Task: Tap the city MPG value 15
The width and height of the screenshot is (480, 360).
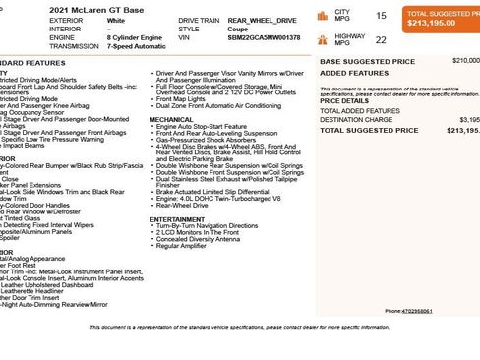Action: [381, 16]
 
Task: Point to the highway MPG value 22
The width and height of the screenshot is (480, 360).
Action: [381, 40]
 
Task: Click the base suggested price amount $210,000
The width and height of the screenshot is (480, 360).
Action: [464, 60]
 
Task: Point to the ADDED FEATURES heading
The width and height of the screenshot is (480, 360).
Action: [347, 73]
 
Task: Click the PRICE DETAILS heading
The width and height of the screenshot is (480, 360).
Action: [344, 100]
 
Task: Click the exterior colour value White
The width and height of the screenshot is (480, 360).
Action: [88, 20]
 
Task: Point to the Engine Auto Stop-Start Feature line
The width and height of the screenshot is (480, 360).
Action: [201, 127]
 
